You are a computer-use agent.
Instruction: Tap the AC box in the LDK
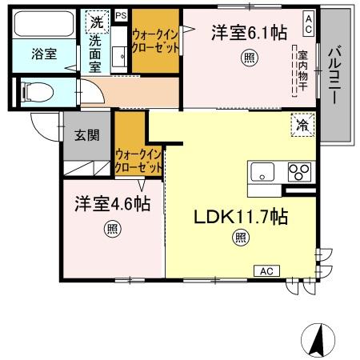(264, 271)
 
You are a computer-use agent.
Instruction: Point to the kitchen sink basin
(262, 172)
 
